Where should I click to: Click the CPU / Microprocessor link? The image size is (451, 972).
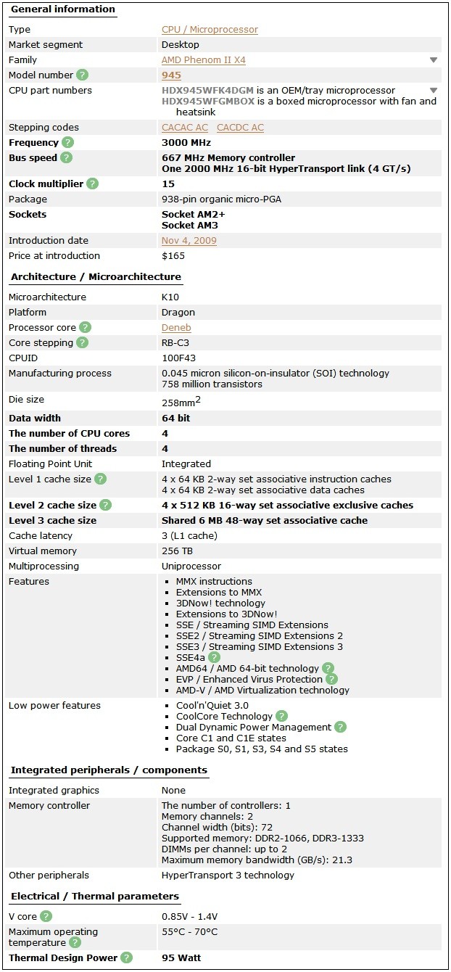[210, 30]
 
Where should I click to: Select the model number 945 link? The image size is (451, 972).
[172, 75]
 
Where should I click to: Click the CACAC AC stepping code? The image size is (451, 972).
[185, 128]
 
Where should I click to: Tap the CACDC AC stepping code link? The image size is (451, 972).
[240, 128]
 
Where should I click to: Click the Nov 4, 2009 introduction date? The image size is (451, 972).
[189, 241]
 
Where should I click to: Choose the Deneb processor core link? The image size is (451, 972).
[176, 328]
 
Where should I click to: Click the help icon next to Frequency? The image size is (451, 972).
[68, 143]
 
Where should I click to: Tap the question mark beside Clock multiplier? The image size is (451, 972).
[93, 184]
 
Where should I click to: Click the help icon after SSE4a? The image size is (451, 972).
[214, 658]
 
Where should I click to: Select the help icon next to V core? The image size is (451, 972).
[46, 917]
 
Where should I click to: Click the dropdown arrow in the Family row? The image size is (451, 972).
[434, 60]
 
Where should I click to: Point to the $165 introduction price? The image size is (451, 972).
[173, 256]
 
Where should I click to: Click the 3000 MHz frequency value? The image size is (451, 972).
[186, 143]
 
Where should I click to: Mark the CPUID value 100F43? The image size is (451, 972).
[178, 358]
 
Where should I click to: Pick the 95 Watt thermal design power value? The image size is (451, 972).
[181, 958]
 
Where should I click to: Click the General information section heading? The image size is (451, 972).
[62, 9]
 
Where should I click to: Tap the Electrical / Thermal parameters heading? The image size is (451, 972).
[94, 897]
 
